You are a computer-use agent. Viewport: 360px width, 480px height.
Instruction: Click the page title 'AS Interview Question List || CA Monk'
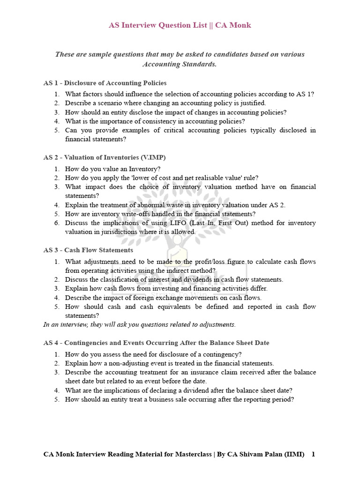point(180,25)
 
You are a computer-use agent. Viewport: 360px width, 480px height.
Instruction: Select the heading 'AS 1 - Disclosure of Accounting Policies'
point(105,83)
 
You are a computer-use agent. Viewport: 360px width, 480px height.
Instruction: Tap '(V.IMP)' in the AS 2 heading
point(150,157)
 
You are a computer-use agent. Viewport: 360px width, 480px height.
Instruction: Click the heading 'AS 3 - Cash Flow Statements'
point(88,250)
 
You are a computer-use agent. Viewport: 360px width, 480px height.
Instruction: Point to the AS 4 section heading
point(156,343)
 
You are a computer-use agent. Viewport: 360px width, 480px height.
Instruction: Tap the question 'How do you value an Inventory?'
point(112,169)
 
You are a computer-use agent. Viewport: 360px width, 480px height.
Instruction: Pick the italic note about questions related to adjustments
point(140,324)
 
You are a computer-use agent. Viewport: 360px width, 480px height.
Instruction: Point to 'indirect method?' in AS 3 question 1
point(191,270)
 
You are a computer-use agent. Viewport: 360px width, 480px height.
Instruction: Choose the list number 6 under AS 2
point(56,223)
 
